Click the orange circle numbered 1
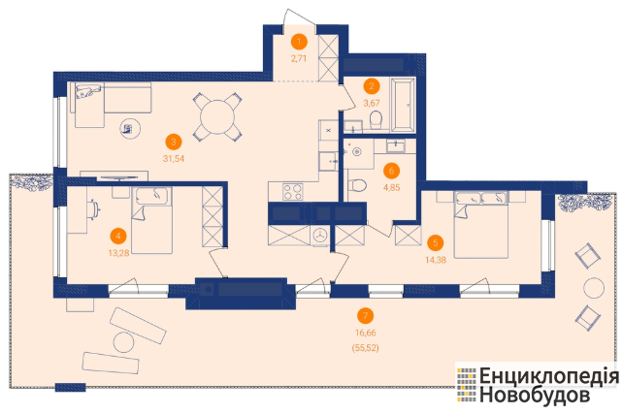(x=299, y=42)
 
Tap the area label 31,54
(x=174, y=159)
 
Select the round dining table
(x=217, y=116)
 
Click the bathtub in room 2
(x=404, y=105)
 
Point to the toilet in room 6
(x=357, y=184)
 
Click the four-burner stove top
(x=292, y=192)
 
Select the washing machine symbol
(x=320, y=236)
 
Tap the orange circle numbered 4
(x=118, y=236)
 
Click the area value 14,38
(x=436, y=261)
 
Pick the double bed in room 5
(x=481, y=225)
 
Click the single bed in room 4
(x=152, y=220)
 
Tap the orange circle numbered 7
(x=366, y=315)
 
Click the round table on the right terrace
(x=594, y=288)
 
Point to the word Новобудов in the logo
(x=535, y=396)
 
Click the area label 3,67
(x=372, y=103)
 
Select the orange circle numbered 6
(x=392, y=171)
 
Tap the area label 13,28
(x=118, y=253)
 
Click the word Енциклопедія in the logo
(x=549, y=376)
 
